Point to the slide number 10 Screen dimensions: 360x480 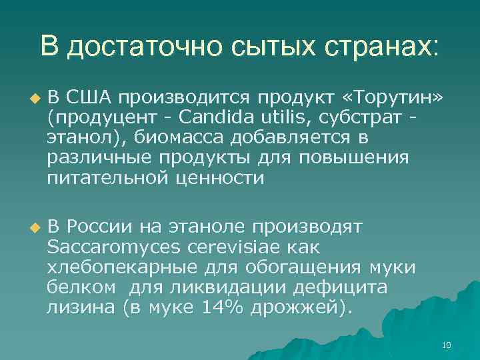click(x=446, y=345)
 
